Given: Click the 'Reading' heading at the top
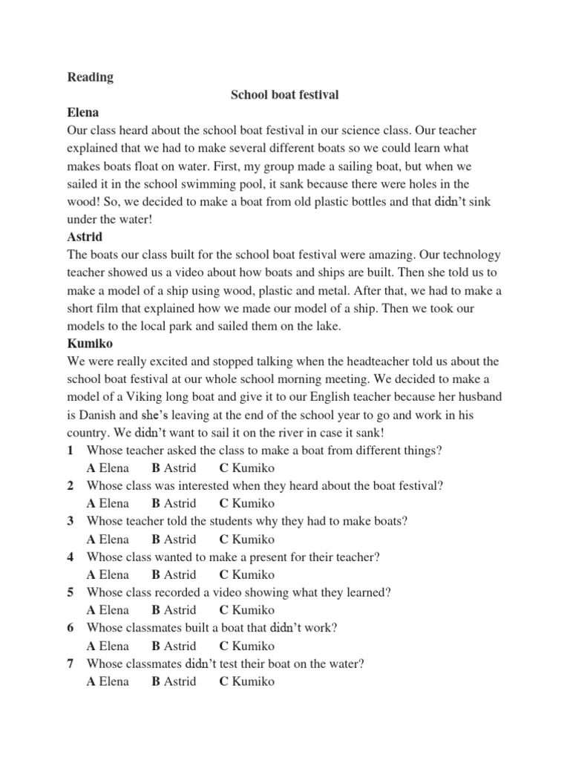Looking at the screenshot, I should pos(90,77).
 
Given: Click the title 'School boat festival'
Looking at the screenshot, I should pos(285,95).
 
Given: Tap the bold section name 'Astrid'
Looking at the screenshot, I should pos(86,237).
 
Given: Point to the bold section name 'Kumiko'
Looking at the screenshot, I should pos(91,344).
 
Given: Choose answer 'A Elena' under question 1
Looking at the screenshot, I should pos(108,468).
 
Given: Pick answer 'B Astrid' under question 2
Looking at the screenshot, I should pos(174,504).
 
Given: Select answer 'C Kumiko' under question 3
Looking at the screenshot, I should pos(247,540).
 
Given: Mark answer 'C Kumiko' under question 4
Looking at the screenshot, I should pos(247,574).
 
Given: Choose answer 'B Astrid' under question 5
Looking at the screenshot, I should pos(174,610).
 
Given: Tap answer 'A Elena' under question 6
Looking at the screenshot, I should pos(108,646).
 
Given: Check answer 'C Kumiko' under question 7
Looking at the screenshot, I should pos(247,681).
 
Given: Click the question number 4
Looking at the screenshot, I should pos(70,557).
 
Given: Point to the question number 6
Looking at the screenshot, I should pos(70,628).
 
